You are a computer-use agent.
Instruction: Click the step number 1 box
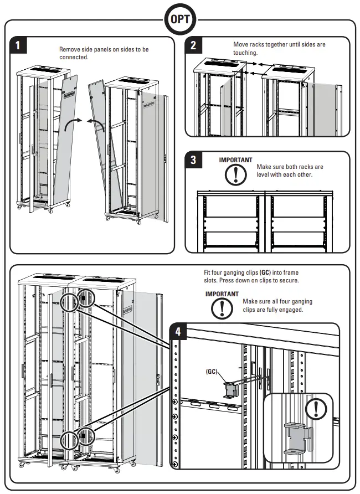[x=18, y=45]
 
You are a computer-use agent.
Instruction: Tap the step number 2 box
[x=193, y=45]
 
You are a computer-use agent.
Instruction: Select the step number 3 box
[x=193, y=160]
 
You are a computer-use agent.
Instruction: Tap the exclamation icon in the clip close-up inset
[x=316, y=409]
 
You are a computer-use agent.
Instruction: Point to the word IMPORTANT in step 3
[x=235, y=160]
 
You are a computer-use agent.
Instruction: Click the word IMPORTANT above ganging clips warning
[x=222, y=294]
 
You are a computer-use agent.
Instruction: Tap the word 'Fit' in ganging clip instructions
[x=208, y=273]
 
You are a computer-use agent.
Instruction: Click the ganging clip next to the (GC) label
[x=229, y=389]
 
